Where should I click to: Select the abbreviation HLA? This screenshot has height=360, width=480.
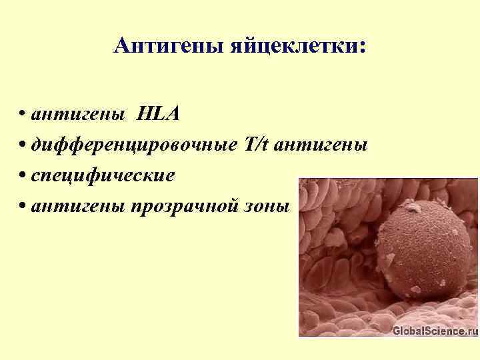pyautogui.click(x=158, y=114)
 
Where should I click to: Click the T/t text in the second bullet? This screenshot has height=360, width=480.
pyautogui.click(x=256, y=145)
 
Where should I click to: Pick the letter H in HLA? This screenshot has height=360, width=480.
pyautogui.click(x=145, y=114)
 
